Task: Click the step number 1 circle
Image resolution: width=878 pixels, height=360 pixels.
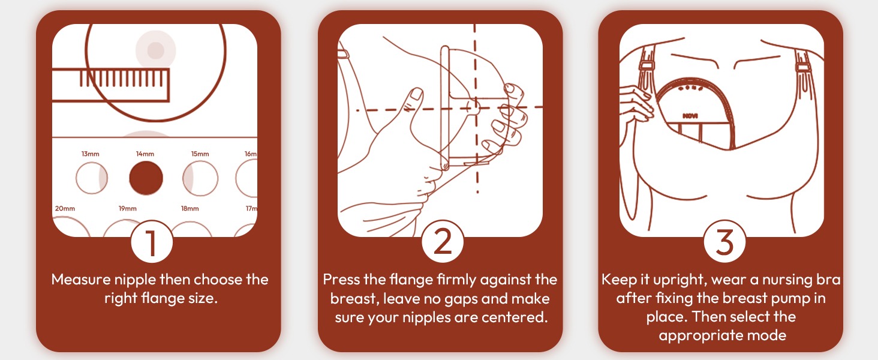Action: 152,242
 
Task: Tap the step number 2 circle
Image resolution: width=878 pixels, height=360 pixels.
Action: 443,242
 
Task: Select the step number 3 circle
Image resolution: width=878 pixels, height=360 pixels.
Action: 724,242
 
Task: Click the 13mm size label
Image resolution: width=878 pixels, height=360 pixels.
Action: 91,154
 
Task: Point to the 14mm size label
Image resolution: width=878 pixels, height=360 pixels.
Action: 145,154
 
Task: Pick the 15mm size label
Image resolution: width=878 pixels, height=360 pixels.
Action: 200,154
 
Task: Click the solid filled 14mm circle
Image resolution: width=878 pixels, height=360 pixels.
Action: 146,178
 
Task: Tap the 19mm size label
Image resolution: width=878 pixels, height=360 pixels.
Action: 128,208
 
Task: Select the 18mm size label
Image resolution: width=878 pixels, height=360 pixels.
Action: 190,208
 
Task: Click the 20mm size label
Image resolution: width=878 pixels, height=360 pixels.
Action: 65,208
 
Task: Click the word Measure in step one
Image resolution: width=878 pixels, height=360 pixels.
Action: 81,280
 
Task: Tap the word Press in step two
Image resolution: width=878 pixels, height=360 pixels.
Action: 341,280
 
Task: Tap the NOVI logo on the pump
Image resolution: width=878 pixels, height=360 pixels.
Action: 690,116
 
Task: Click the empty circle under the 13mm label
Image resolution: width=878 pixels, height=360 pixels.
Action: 92,178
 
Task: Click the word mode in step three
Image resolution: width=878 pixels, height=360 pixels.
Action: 766,335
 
